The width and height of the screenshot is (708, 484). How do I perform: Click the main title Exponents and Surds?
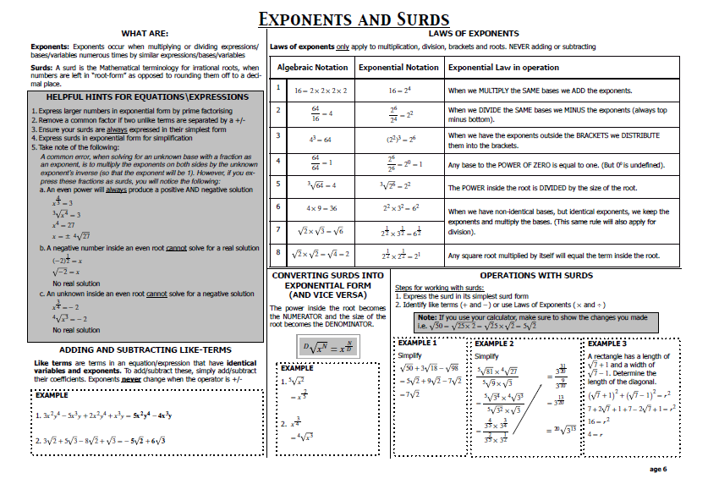point(354,19)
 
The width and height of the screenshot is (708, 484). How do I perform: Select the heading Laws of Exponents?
point(475,34)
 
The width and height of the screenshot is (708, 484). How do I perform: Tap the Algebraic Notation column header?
point(312,68)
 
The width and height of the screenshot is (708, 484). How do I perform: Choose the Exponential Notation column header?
point(398,68)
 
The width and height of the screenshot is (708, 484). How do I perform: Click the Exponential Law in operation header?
point(503,68)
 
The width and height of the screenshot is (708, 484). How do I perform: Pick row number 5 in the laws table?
point(277,184)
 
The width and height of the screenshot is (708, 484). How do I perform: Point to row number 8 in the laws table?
point(277,251)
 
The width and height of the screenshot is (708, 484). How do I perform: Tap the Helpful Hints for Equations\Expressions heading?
point(141,97)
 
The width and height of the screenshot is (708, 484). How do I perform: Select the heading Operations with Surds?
point(536,275)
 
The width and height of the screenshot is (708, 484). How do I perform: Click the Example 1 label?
point(417,343)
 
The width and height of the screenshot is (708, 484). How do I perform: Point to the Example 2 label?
point(494,344)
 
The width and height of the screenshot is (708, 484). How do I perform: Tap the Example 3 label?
point(606,344)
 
